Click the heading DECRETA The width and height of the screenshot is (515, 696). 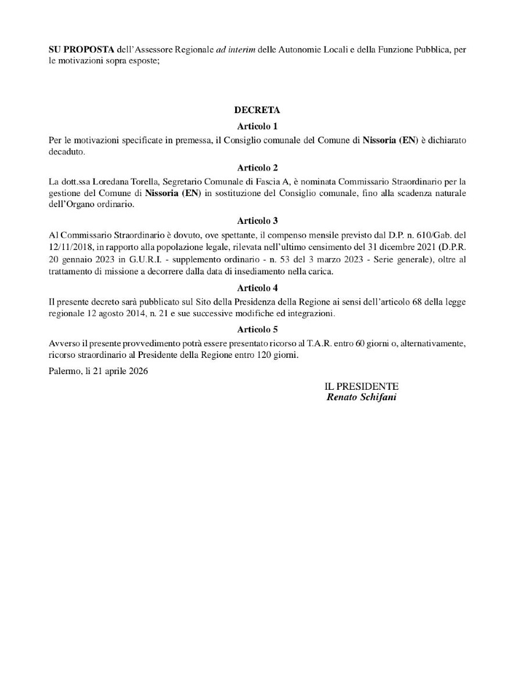[257, 110]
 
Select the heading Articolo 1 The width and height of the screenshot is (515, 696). [257, 126]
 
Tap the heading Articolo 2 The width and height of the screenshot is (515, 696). [257, 168]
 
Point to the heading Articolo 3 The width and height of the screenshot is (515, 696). [257, 220]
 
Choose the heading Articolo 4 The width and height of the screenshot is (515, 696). [257, 287]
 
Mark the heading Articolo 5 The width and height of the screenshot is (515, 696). [257, 329]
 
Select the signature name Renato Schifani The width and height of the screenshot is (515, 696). [361, 397]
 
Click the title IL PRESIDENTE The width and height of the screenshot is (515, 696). [361, 386]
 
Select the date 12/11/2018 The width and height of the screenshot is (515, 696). [69, 248]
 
